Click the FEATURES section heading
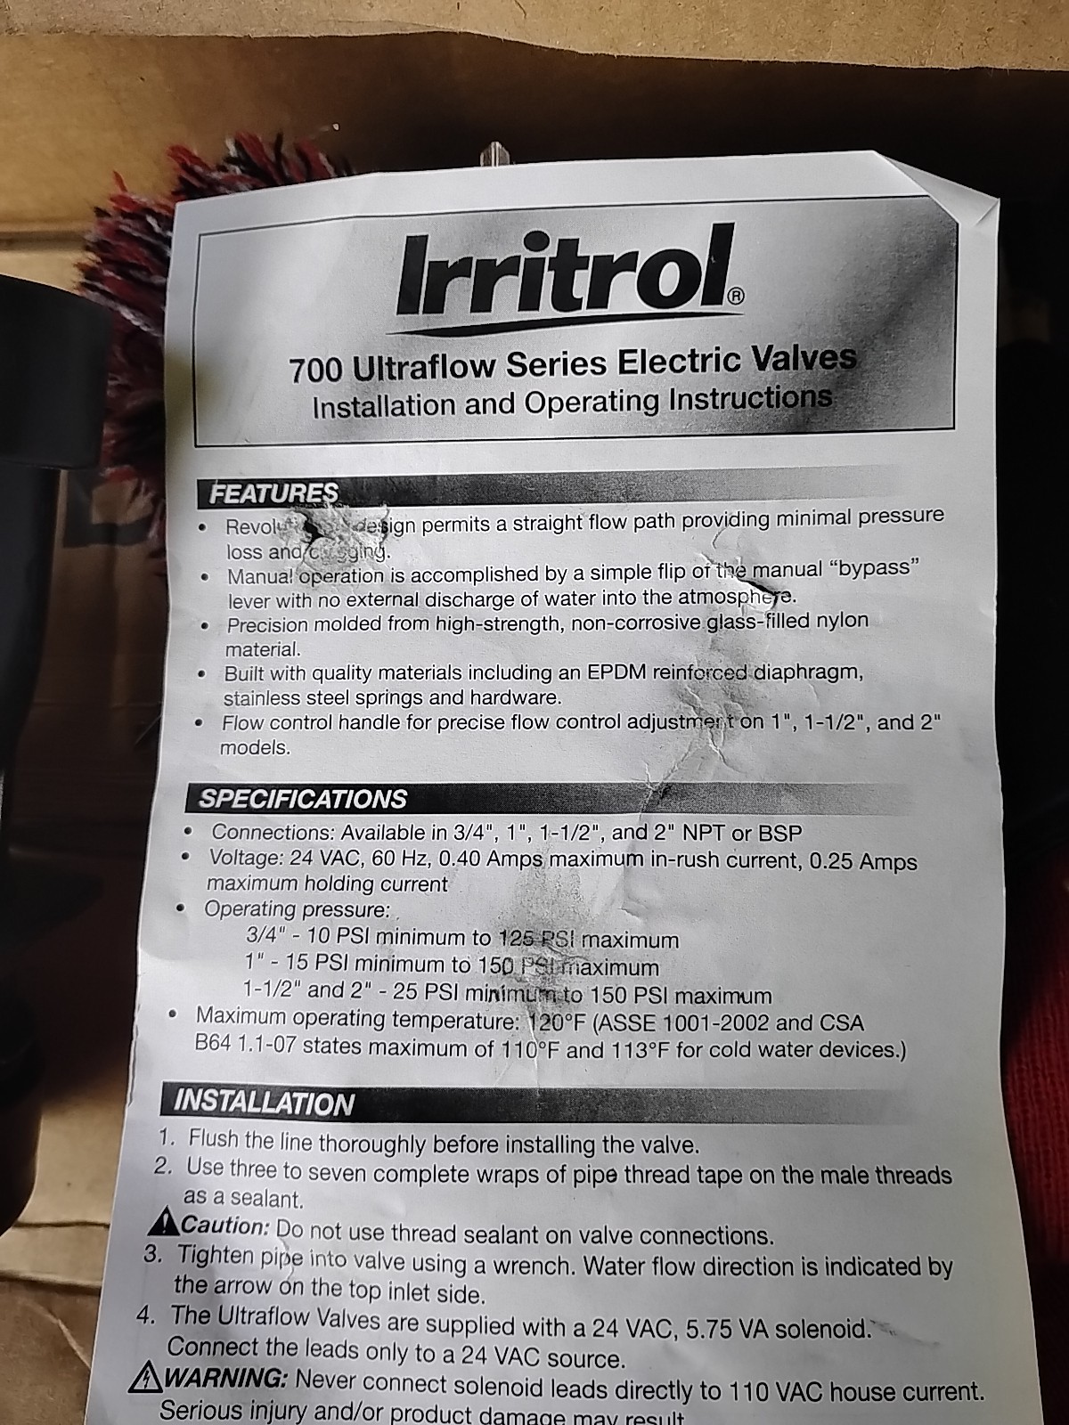(273, 492)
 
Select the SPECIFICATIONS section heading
(303, 798)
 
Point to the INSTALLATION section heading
(265, 1103)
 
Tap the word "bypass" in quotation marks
(877, 568)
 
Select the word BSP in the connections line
(780, 834)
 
